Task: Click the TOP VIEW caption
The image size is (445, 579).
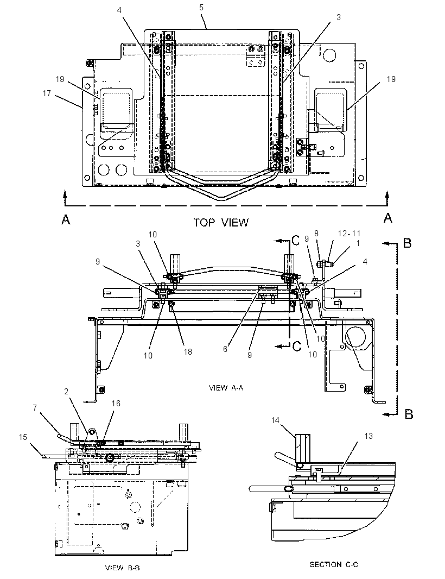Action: (221, 222)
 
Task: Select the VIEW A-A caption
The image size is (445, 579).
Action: (226, 388)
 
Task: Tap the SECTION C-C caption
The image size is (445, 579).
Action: (334, 564)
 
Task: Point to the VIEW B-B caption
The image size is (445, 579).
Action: (123, 568)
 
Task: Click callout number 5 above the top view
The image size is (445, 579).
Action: (201, 8)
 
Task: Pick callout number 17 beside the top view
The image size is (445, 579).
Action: (47, 93)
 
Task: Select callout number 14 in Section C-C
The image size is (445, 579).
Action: (275, 420)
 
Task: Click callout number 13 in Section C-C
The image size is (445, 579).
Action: (368, 436)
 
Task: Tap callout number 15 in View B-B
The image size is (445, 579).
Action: (23, 437)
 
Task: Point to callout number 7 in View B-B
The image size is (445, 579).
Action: (35, 407)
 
